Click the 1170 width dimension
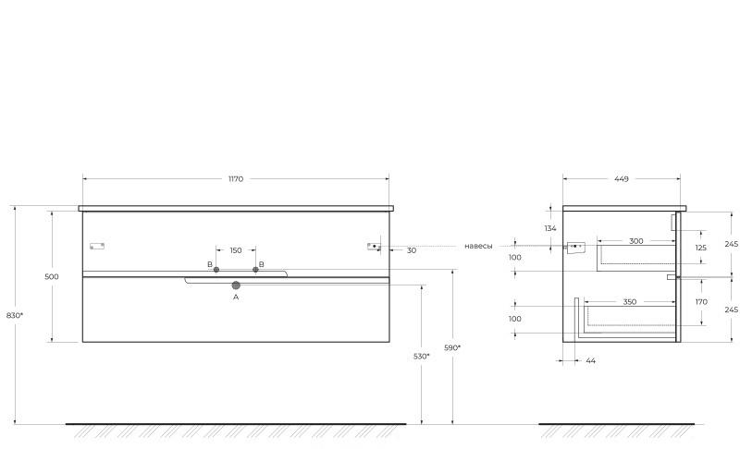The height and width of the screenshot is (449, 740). [236, 179]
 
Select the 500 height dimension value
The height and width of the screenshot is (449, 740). [52, 277]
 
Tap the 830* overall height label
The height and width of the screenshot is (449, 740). [14, 316]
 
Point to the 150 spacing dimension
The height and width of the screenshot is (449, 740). [236, 250]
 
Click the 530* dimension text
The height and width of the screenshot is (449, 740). [422, 356]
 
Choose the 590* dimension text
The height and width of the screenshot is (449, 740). [452, 347]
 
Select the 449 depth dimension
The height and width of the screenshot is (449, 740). [621, 179]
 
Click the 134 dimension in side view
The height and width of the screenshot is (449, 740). [550, 228]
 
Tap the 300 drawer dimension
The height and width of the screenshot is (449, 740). [636, 241]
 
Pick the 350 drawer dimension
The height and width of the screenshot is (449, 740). [630, 302]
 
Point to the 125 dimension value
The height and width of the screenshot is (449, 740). [700, 248]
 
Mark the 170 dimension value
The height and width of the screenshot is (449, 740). [700, 301]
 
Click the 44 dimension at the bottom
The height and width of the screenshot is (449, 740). [590, 360]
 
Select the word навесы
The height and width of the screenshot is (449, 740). [478, 246]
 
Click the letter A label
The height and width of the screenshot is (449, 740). [236, 297]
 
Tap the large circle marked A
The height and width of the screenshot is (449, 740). [236, 285]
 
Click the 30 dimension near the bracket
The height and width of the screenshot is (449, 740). [411, 250]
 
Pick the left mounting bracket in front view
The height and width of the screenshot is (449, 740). [96, 246]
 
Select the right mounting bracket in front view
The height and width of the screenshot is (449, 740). [374, 246]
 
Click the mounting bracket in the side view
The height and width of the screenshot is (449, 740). [577, 247]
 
